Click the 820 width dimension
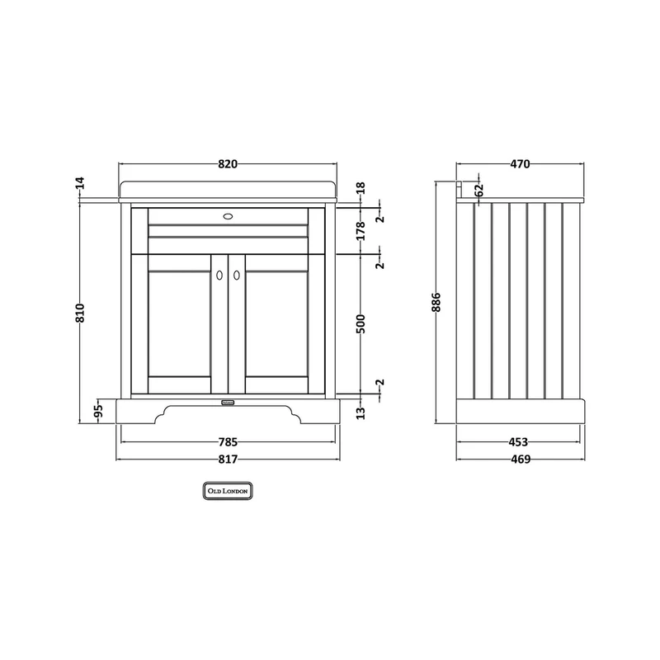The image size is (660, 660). [228, 163]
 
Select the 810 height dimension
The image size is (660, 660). [80, 313]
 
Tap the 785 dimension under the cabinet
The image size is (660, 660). [228, 442]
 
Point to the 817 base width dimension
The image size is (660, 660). [228, 460]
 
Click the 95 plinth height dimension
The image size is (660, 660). [98, 410]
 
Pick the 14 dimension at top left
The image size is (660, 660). [80, 183]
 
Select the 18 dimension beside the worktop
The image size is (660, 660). [361, 188]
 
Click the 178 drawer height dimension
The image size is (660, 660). [361, 231]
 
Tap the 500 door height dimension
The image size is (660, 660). [361, 323]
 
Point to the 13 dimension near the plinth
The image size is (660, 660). [361, 413]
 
